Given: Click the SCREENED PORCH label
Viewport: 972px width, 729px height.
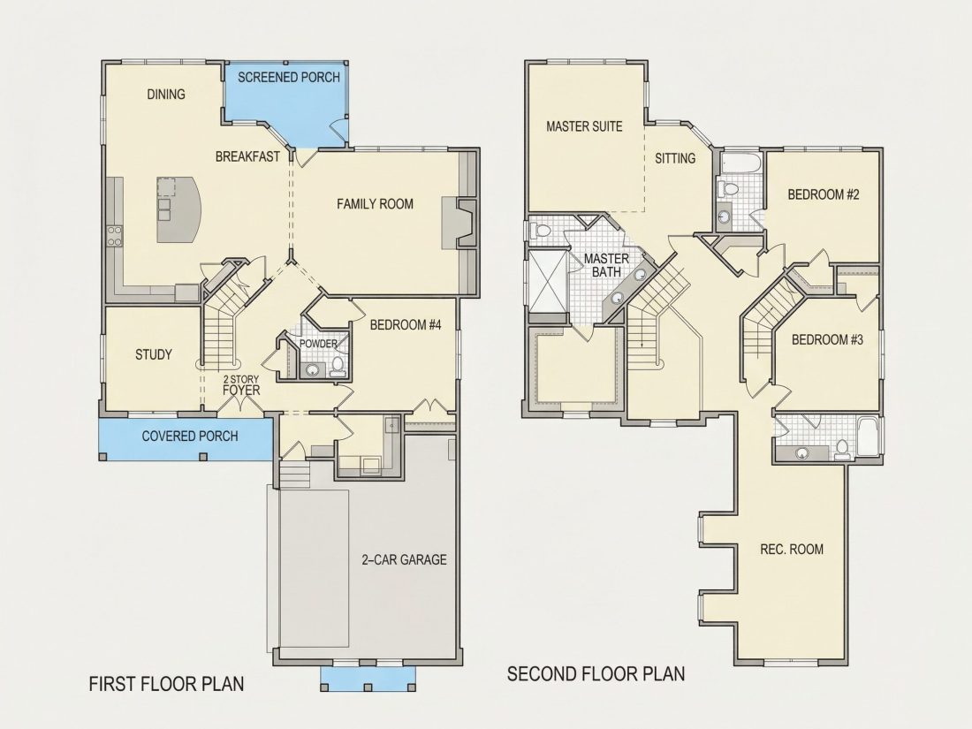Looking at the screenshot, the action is pyautogui.click(x=289, y=78).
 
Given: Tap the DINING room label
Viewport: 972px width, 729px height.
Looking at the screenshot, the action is pyautogui.click(x=166, y=95).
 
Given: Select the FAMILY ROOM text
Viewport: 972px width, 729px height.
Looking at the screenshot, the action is pyautogui.click(x=375, y=204).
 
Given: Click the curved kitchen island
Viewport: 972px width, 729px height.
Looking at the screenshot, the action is pyautogui.click(x=179, y=209).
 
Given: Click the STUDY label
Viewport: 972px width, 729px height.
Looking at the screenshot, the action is pyautogui.click(x=154, y=354).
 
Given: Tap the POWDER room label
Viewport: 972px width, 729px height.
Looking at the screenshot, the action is pyautogui.click(x=319, y=344).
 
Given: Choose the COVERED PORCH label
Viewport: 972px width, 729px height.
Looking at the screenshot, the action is pyautogui.click(x=190, y=437).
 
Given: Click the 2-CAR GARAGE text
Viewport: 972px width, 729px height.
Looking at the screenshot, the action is pyautogui.click(x=404, y=559).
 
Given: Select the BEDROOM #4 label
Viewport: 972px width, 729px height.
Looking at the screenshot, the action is pyautogui.click(x=406, y=325).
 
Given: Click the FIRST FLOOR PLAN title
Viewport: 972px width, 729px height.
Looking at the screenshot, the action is pyautogui.click(x=167, y=684).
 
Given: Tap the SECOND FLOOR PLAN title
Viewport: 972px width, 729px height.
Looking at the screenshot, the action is pyautogui.click(x=596, y=674).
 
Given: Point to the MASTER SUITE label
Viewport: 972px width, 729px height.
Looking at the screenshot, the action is pyautogui.click(x=585, y=126).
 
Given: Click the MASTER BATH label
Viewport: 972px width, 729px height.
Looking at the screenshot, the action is pyautogui.click(x=606, y=265).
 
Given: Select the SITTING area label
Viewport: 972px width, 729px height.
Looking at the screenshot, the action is pyautogui.click(x=675, y=159).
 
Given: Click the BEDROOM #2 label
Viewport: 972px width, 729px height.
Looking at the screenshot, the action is pyautogui.click(x=824, y=194).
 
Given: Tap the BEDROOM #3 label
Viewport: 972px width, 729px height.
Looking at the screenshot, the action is pyautogui.click(x=828, y=339).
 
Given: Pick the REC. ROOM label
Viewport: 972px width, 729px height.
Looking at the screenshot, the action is pyautogui.click(x=793, y=550).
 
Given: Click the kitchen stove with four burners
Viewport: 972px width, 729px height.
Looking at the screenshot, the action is pyautogui.click(x=115, y=237).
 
